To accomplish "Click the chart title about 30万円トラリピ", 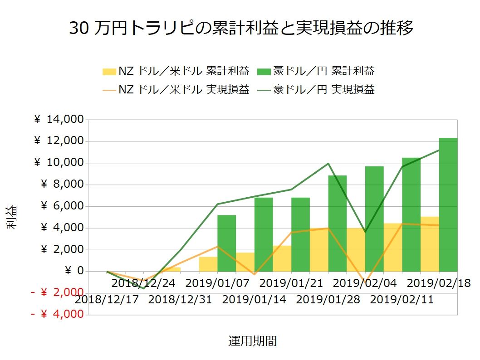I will pos(241,29).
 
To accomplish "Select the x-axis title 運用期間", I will pos(252,341).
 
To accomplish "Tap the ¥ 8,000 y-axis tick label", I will pos(63,185).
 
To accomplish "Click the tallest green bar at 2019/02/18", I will pos(448,204).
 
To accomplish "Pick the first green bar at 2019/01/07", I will pos(226,243).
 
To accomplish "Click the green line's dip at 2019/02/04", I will pos(365,232).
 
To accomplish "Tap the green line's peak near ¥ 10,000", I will pos(328,164).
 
